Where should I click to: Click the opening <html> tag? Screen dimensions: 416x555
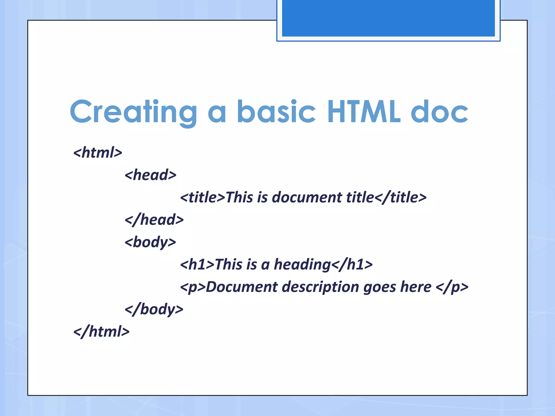coord(98,152)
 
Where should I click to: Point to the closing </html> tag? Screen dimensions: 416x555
coord(101,331)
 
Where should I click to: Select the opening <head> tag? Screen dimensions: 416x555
coord(150,175)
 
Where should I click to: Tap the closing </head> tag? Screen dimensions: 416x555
coord(154,220)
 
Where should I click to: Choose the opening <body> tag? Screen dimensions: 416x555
coord(150,242)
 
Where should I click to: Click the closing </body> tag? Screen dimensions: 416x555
coord(154,309)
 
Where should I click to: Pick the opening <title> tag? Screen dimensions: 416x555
coord(202,197)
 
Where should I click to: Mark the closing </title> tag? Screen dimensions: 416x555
coord(401,197)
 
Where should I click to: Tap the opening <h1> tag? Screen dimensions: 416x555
coord(197,265)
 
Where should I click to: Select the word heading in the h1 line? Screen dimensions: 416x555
coord(302,265)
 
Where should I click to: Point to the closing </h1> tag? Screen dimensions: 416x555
coord(352,265)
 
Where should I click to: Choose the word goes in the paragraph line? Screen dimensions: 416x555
coord(379,287)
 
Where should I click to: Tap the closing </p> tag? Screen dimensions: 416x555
coord(452,287)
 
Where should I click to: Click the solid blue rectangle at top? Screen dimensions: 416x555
coord(388,18)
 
